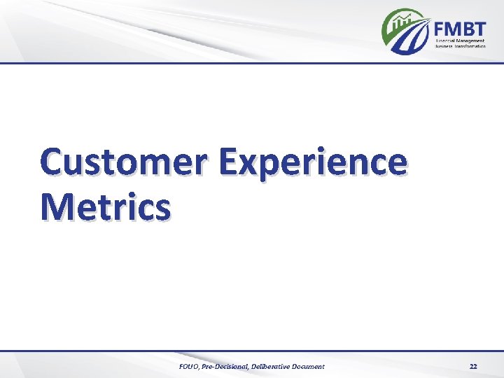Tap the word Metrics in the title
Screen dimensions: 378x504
tap(105, 207)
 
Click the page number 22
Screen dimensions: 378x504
tap(473, 366)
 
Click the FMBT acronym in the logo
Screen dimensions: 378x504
tap(459, 29)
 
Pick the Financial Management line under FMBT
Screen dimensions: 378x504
tap(460, 41)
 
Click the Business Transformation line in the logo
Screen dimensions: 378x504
tap(460, 48)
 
